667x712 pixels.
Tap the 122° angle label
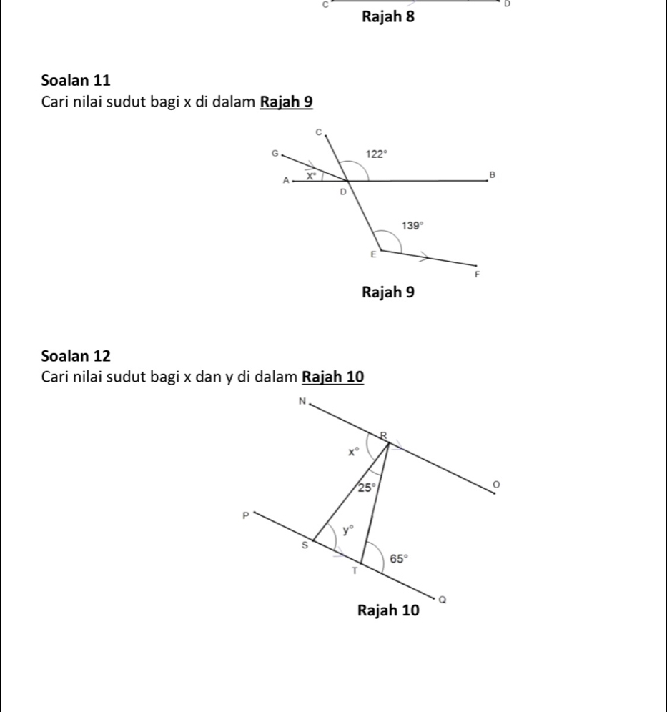pos(376,153)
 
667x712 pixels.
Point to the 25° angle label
pos(366,488)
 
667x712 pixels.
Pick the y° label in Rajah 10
pos(348,529)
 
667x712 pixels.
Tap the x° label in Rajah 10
pos(353,452)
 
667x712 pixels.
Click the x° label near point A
pos(311,174)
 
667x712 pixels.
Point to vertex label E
pos(372,254)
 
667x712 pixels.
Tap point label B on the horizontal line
pos(491,174)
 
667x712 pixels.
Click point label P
pos(244,514)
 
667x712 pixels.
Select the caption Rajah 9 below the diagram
pos(388,292)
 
